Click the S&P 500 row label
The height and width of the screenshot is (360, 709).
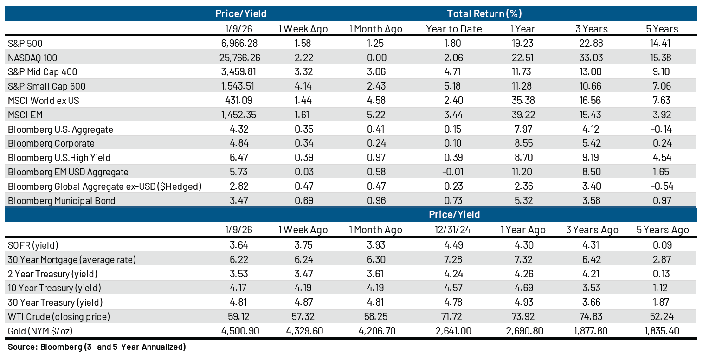click(x=26, y=43)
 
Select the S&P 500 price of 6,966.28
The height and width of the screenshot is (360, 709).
click(x=240, y=43)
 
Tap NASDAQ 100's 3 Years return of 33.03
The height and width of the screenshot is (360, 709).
click(x=591, y=58)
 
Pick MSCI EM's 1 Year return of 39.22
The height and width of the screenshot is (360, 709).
click(x=522, y=115)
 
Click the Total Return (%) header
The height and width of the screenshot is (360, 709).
click(x=484, y=13)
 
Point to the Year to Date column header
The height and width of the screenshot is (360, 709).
click(x=453, y=29)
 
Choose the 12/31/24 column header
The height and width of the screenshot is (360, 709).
click(x=453, y=230)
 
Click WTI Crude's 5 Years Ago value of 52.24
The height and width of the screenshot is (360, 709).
click(x=662, y=317)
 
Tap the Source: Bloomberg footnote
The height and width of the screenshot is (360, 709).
click(x=97, y=347)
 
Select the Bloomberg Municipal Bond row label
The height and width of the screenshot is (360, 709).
click(x=62, y=201)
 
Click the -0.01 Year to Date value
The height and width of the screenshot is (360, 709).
click(x=453, y=172)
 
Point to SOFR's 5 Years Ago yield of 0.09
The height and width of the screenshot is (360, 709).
click(x=662, y=245)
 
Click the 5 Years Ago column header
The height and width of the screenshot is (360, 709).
click(x=662, y=230)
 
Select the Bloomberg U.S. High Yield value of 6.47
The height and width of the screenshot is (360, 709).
click(x=240, y=158)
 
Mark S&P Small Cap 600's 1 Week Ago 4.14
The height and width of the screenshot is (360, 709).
click(x=303, y=86)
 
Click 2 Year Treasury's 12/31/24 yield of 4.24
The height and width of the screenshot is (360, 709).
click(x=453, y=274)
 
